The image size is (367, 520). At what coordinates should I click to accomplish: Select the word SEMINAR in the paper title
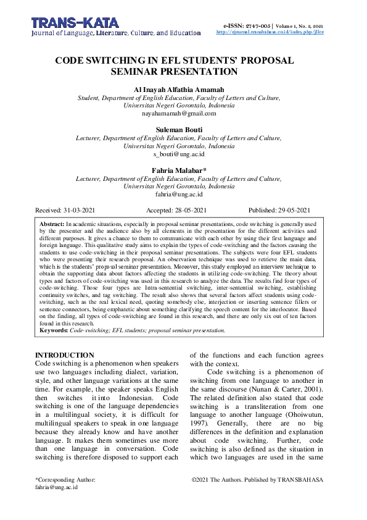click(152, 72)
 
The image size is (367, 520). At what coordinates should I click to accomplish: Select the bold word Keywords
click(54, 330)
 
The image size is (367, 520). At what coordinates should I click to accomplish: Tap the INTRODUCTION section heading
click(65, 356)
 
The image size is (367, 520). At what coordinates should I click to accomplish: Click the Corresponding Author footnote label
click(65, 479)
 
